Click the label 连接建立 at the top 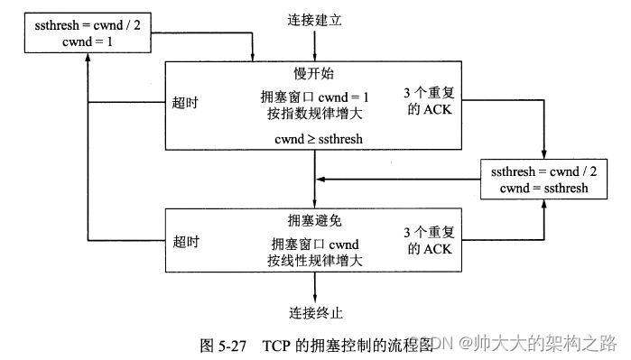click(x=315, y=20)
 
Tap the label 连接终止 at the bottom click(x=315, y=313)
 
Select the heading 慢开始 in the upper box click(x=314, y=73)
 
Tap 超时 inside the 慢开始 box click(x=185, y=102)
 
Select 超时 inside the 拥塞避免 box click(x=185, y=242)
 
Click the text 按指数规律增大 click(x=314, y=113)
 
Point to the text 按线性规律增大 click(x=314, y=261)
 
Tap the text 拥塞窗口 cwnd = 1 click(x=314, y=97)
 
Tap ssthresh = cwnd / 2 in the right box click(x=539, y=171)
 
